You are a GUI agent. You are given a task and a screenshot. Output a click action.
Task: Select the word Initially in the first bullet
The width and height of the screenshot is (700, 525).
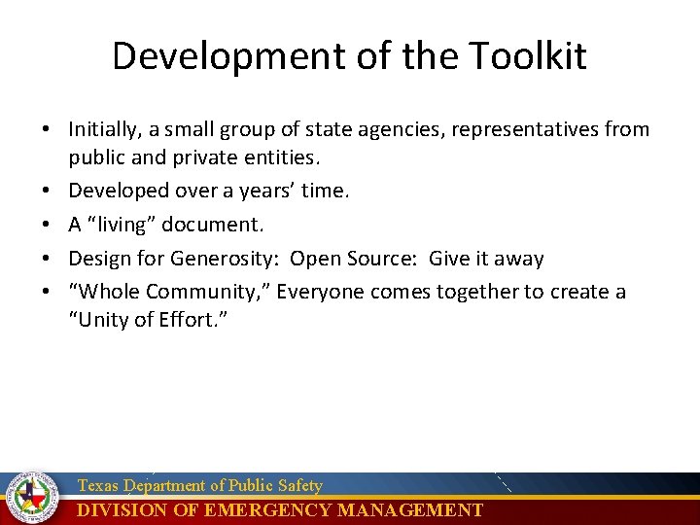click(x=105, y=129)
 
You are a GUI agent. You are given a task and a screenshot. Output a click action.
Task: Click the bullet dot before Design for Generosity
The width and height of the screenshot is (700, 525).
click(x=47, y=259)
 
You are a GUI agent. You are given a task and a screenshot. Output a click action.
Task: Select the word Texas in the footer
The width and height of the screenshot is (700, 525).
click(x=97, y=485)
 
